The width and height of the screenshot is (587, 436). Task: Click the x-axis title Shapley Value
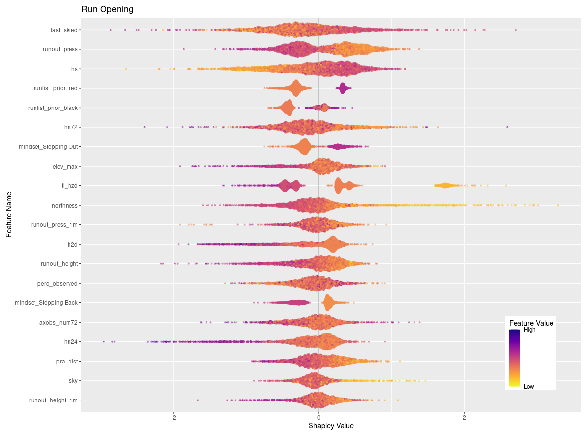(x=331, y=425)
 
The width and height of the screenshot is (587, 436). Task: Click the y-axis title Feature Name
(x=9, y=215)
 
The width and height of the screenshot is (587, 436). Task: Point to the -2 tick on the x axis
(x=173, y=417)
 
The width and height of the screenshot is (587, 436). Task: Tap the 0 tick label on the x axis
(x=319, y=417)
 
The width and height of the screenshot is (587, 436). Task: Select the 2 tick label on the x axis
(x=464, y=417)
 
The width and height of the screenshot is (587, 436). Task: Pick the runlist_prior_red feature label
(x=56, y=88)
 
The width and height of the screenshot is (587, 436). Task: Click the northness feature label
(x=65, y=205)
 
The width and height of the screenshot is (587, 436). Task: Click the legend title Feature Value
(x=531, y=323)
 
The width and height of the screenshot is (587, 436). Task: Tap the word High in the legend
(x=529, y=330)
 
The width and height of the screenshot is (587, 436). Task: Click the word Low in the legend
(x=528, y=386)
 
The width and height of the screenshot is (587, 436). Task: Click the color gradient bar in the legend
(x=515, y=358)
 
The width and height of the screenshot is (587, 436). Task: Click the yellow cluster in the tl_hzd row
(x=445, y=185)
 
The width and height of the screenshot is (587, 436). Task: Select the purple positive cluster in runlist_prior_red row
(x=343, y=88)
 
